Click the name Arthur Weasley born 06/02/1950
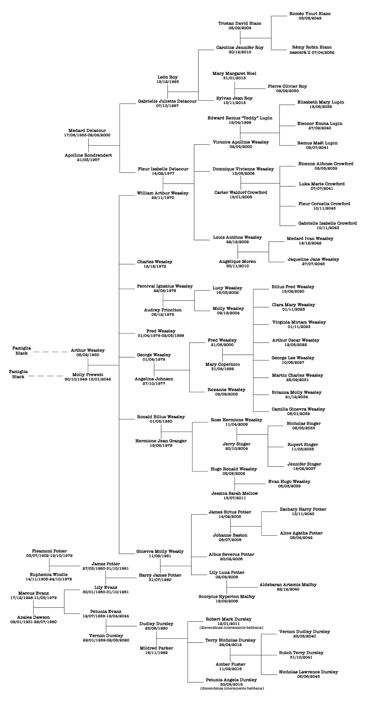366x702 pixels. (88, 350)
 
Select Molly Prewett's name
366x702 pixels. (88, 375)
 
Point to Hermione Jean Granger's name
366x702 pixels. (161, 441)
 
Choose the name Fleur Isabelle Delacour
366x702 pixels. (163, 169)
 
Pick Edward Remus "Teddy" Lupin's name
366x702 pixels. (240, 118)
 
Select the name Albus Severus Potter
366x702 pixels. (231, 554)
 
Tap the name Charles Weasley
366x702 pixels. (155, 262)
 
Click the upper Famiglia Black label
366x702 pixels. (22, 351)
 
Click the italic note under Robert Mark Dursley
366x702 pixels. (231, 627)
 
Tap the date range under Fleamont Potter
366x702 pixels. (49, 556)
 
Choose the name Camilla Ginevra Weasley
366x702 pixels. (298, 409)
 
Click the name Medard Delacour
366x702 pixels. (87, 131)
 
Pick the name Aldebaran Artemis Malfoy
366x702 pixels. (288, 585)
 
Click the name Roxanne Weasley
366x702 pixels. (226, 390)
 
